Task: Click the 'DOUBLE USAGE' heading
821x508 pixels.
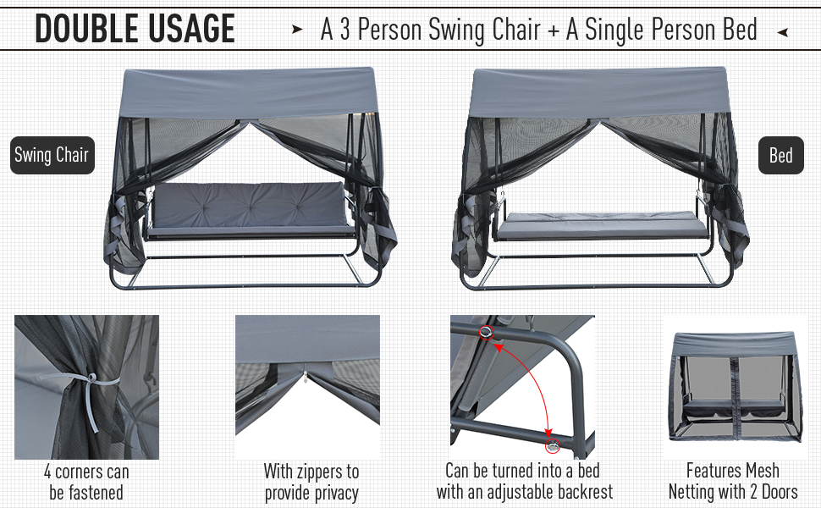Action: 135,30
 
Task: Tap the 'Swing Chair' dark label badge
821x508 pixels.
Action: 52,156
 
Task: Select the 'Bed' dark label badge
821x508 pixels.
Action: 780,156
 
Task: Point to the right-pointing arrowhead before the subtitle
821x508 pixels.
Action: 297,30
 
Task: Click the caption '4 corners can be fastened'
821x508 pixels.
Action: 85,482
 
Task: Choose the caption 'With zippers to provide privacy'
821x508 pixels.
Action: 311,482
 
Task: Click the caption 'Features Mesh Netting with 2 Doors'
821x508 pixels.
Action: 733,482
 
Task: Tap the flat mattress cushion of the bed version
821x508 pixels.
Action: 602,224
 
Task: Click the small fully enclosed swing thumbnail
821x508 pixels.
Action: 733,386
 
